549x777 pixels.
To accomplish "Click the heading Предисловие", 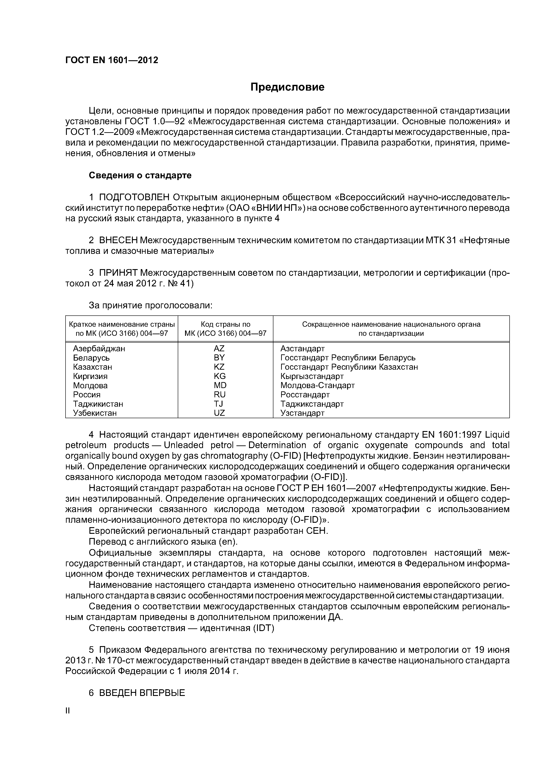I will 287,87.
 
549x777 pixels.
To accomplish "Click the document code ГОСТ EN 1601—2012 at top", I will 112,60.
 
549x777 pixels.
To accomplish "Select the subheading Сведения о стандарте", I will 140,175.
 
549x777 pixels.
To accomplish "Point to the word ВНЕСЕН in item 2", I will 118,240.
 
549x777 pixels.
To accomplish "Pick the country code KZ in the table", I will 219,367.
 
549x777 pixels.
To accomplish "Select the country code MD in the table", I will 220,385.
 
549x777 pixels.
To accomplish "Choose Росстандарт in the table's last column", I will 305,395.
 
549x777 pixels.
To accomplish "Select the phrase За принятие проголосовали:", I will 151,306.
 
